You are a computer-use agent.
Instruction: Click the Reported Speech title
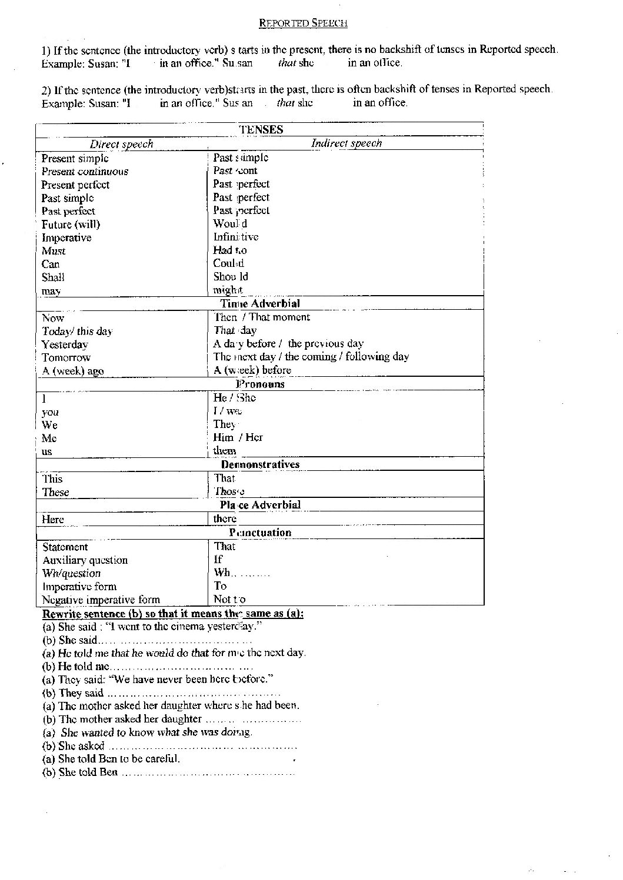pyautogui.click(x=304, y=24)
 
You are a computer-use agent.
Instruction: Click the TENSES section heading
pyautogui.click(x=261, y=130)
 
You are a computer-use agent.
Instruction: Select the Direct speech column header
pyautogui.click(x=121, y=144)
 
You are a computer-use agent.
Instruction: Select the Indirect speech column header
pyautogui.click(x=346, y=143)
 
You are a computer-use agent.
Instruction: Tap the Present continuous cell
pyautogui.click(x=85, y=172)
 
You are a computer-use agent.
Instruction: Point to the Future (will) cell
pyautogui.click(x=71, y=225)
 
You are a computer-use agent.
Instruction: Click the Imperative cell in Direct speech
pyautogui.click(x=66, y=238)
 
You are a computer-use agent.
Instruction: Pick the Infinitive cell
pyautogui.click(x=236, y=237)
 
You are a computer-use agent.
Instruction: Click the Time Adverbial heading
pyautogui.click(x=260, y=304)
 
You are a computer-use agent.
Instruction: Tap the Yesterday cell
pyautogui.click(x=65, y=344)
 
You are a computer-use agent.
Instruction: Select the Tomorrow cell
pyautogui.click(x=66, y=357)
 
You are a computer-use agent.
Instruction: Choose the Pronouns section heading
pyautogui.click(x=260, y=384)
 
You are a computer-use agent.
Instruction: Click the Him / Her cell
pyautogui.click(x=238, y=437)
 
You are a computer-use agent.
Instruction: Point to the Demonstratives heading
pyautogui.click(x=260, y=464)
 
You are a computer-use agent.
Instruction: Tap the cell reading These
pyautogui.click(x=56, y=493)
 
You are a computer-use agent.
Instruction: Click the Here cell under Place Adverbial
pyautogui.click(x=53, y=520)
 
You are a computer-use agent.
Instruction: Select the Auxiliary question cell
pyautogui.click(x=85, y=560)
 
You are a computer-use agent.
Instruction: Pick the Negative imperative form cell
pyautogui.click(x=101, y=600)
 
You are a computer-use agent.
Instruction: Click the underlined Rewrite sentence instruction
pyautogui.click(x=173, y=614)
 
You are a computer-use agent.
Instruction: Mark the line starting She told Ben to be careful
pyautogui.click(x=111, y=759)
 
